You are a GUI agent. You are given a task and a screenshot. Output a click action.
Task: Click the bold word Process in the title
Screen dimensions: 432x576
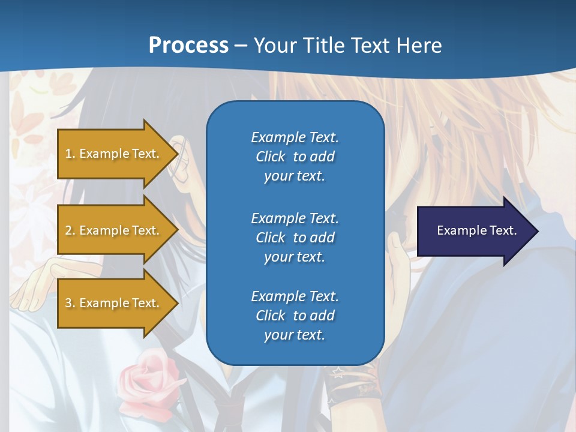(x=188, y=45)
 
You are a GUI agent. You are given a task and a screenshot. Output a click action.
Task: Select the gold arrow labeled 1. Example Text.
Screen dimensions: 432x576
(x=114, y=154)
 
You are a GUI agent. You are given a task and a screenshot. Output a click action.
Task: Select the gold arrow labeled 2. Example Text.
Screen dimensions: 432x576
(x=114, y=230)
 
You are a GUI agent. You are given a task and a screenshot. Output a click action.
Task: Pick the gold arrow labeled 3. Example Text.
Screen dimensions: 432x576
(x=114, y=303)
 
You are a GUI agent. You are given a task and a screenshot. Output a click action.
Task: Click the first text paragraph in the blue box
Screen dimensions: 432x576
(x=295, y=157)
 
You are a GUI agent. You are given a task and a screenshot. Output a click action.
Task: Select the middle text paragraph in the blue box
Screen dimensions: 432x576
(x=295, y=237)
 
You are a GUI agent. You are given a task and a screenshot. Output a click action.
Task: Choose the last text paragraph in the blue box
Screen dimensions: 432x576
(x=295, y=316)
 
